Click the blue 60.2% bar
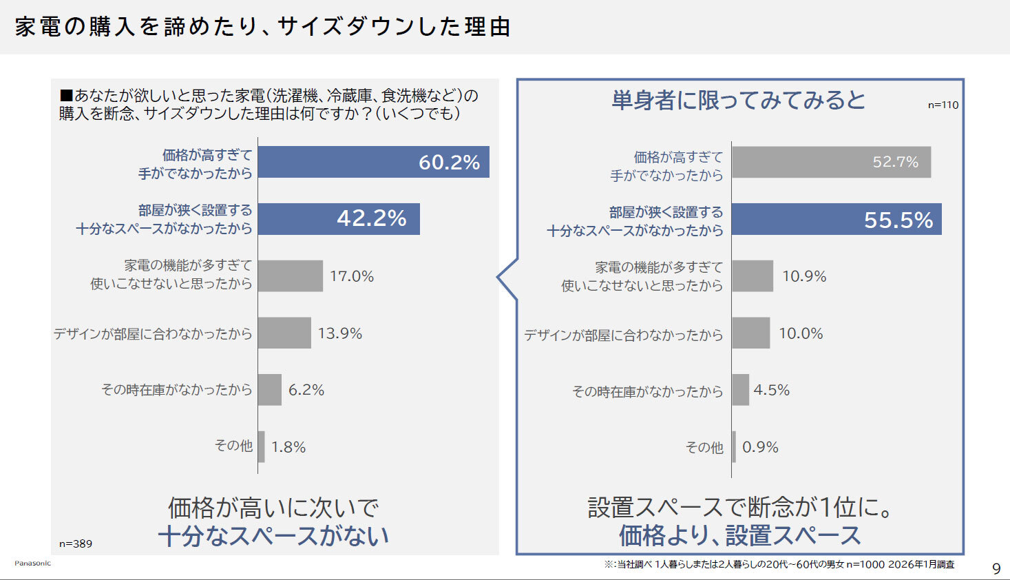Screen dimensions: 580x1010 point(373,162)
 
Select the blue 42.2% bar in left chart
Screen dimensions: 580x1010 point(339,218)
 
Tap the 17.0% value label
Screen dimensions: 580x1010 point(352,276)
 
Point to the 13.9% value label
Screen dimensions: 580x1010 point(340,333)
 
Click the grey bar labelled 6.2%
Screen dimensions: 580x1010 point(270,390)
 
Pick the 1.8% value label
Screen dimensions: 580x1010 point(288,447)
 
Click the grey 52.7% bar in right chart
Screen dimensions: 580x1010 point(831,162)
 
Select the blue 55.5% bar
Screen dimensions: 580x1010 point(836,219)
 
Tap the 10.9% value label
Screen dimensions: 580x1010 point(804,276)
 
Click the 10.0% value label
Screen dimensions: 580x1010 point(801,333)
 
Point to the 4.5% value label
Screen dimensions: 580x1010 point(772,390)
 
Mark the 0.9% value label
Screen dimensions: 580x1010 point(760,447)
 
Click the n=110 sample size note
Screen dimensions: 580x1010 point(943,105)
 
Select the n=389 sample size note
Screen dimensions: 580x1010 point(76,543)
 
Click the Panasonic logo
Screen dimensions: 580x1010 point(33,563)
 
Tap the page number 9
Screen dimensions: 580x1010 point(996,568)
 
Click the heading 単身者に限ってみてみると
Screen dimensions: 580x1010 point(739,101)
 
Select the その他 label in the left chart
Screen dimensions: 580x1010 point(233,446)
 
